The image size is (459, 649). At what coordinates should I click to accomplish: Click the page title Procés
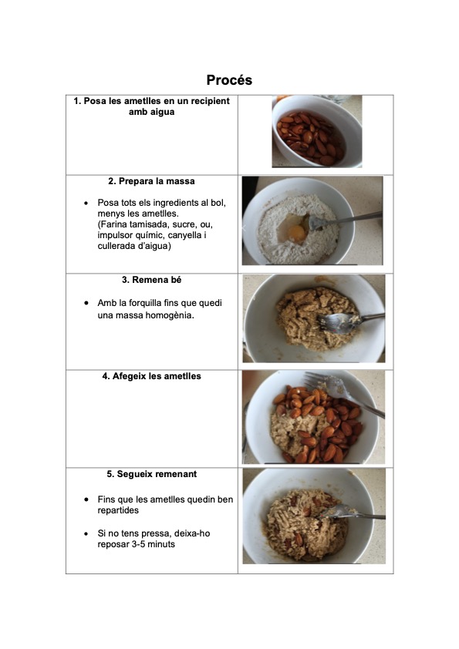pyautogui.click(x=229, y=80)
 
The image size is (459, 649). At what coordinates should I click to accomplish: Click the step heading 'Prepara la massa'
pyautogui.click(x=151, y=181)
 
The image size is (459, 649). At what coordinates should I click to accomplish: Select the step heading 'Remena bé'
pyautogui.click(x=151, y=280)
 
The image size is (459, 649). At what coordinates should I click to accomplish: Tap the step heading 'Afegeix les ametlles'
pyautogui.click(x=151, y=376)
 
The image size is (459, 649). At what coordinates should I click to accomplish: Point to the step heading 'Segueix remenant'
pyautogui.click(x=151, y=474)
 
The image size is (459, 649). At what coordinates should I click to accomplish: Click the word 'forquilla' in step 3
pyautogui.click(x=142, y=303)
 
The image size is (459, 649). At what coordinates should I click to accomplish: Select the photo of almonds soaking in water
pyautogui.click(x=317, y=131)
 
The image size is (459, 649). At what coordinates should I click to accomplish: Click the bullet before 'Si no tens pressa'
pyautogui.click(x=86, y=533)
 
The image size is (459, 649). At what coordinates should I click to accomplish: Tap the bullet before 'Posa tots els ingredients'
pyautogui.click(x=86, y=203)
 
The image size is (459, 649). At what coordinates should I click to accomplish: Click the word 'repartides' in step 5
pyautogui.click(x=118, y=511)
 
